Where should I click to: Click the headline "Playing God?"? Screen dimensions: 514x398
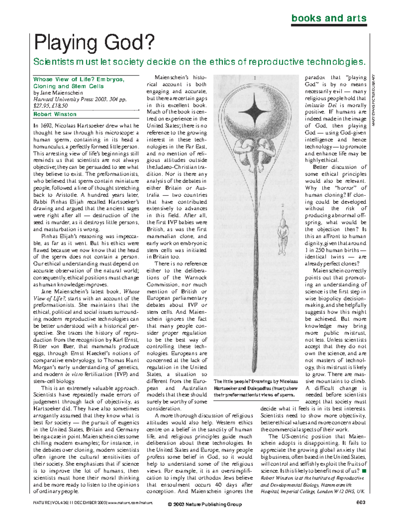pos(94,43)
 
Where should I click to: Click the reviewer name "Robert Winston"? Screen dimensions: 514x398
pos(55,114)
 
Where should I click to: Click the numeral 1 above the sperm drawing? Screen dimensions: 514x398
pos(255,78)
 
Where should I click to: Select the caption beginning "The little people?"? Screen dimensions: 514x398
pos(255,388)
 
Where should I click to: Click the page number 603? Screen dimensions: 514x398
pos(361,502)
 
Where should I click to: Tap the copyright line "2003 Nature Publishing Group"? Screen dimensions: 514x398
pos(205,504)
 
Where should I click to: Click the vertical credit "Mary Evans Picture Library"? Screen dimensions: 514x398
pos(373,100)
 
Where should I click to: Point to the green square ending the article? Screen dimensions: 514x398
pos(364,471)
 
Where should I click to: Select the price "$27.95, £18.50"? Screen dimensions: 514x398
pos(50,106)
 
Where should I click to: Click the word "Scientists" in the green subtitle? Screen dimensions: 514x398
pos(53,62)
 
